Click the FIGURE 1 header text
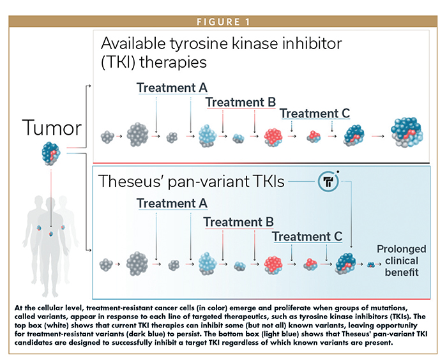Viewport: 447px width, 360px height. [223, 22]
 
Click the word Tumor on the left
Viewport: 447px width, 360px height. [52, 128]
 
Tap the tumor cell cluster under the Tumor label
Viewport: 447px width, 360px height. [51, 154]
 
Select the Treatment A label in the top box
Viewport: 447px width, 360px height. [172, 87]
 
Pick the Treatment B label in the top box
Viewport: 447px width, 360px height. [241, 102]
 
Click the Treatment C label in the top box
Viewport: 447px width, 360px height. [315, 113]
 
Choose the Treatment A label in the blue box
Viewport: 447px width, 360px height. [172, 203]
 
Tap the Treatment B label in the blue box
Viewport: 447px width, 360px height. [239, 221]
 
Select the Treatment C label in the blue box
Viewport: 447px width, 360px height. [307, 236]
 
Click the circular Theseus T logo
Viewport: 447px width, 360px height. [328, 181]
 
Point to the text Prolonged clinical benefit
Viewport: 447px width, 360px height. [402, 260]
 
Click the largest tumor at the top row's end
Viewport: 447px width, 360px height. [407, 132]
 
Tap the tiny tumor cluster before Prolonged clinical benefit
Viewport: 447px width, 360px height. [370, 264]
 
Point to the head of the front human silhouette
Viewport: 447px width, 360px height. [50, 202]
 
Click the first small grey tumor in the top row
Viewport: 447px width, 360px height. [107, 137]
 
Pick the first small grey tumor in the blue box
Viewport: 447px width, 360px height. [106, 265]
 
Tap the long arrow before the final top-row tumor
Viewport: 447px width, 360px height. [378, 136]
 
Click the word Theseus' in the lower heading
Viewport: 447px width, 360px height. [131, 181]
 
